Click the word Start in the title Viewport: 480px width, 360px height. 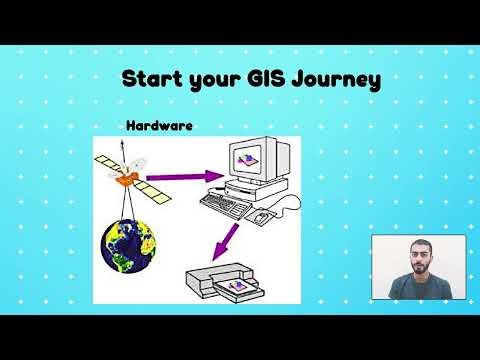(150, 79)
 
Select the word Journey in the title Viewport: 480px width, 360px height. (333, 80)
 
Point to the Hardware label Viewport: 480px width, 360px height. (159, 127)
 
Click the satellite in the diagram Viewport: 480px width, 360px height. (125, 174)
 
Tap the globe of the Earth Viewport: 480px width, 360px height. (128, 246)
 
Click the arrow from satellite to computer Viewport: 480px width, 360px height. (180, 180)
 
